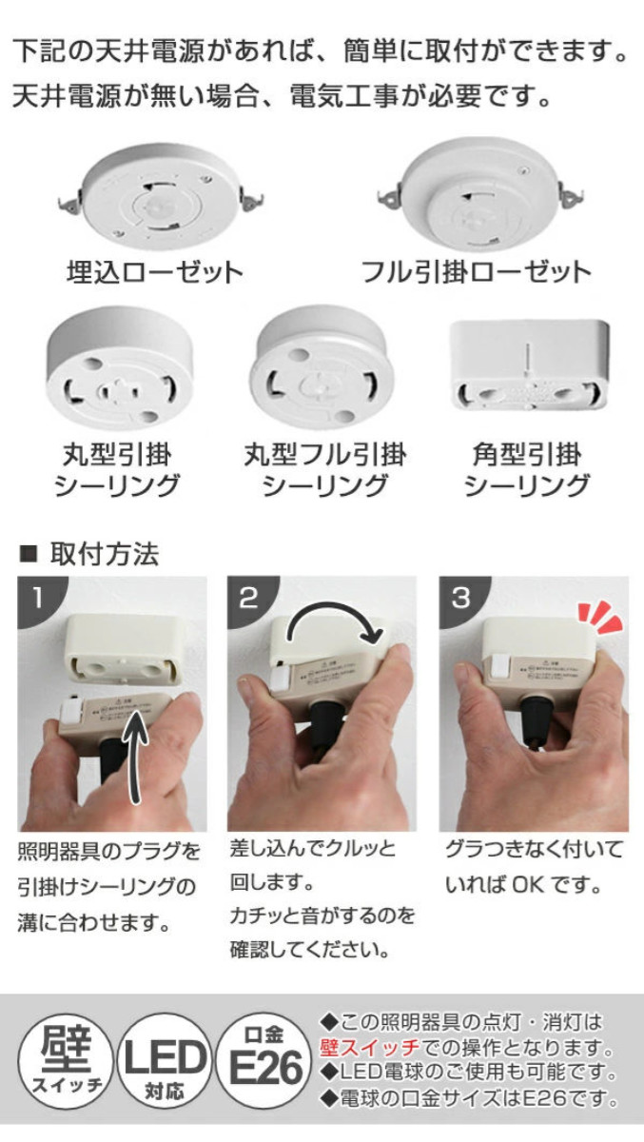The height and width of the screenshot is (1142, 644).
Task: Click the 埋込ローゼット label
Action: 155,273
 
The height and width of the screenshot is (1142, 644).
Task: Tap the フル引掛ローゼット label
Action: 476,273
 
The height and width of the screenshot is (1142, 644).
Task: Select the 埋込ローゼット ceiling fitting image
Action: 159,194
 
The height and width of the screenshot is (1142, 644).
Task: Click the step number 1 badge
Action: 36,597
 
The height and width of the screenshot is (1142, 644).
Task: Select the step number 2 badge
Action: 248,597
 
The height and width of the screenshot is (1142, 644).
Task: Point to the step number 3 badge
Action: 460,597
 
